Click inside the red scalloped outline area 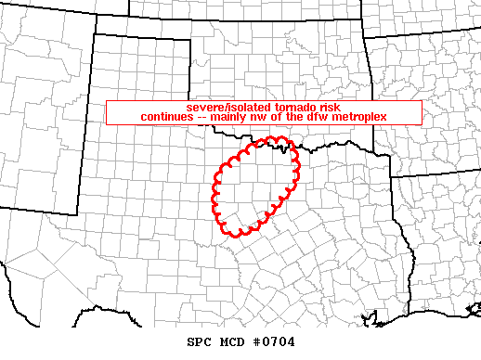tap(252, 186)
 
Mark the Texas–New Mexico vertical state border tap(78, 139)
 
